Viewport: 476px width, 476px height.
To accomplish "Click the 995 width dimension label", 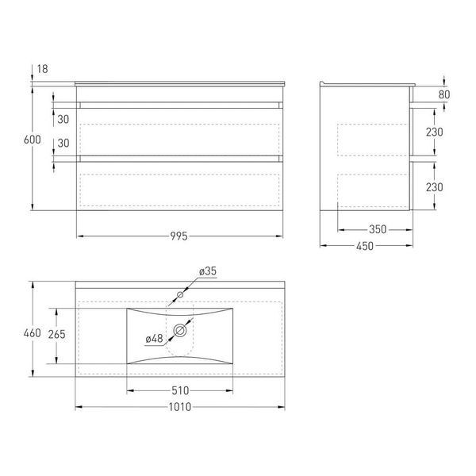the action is (178, 236).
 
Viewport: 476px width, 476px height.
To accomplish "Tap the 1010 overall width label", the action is (180, 407).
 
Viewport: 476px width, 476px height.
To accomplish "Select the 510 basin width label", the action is (180, 390).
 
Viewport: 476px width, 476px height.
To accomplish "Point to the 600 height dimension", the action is (33, 140).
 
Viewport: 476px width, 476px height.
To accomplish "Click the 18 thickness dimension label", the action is (43, 69).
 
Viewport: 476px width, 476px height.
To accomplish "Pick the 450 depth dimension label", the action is (365, 246).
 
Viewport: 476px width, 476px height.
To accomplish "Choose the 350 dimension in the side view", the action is (378, 229).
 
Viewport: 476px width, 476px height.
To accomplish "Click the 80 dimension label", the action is (444, 94).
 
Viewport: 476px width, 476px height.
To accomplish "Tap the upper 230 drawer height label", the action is (435, 132).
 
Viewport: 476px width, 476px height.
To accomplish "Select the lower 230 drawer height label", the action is (435, 187).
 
